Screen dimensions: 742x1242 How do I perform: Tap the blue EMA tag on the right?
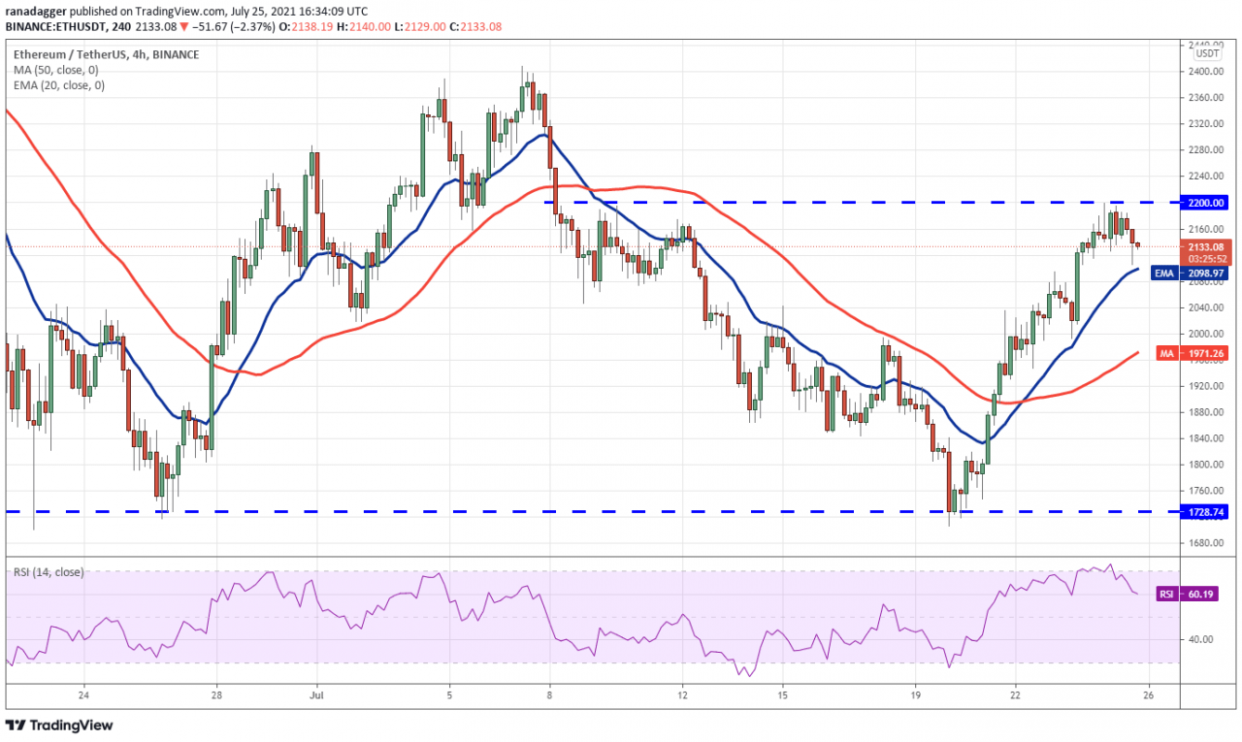[x=1164, y=274]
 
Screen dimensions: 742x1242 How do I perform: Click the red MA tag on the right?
[x=1167, y=354]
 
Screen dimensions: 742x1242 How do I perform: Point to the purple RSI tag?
[x=1167, y=593]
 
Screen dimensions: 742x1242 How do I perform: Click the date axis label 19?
[x=915, y=695]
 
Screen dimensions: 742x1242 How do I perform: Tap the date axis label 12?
[x=682, y=695]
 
